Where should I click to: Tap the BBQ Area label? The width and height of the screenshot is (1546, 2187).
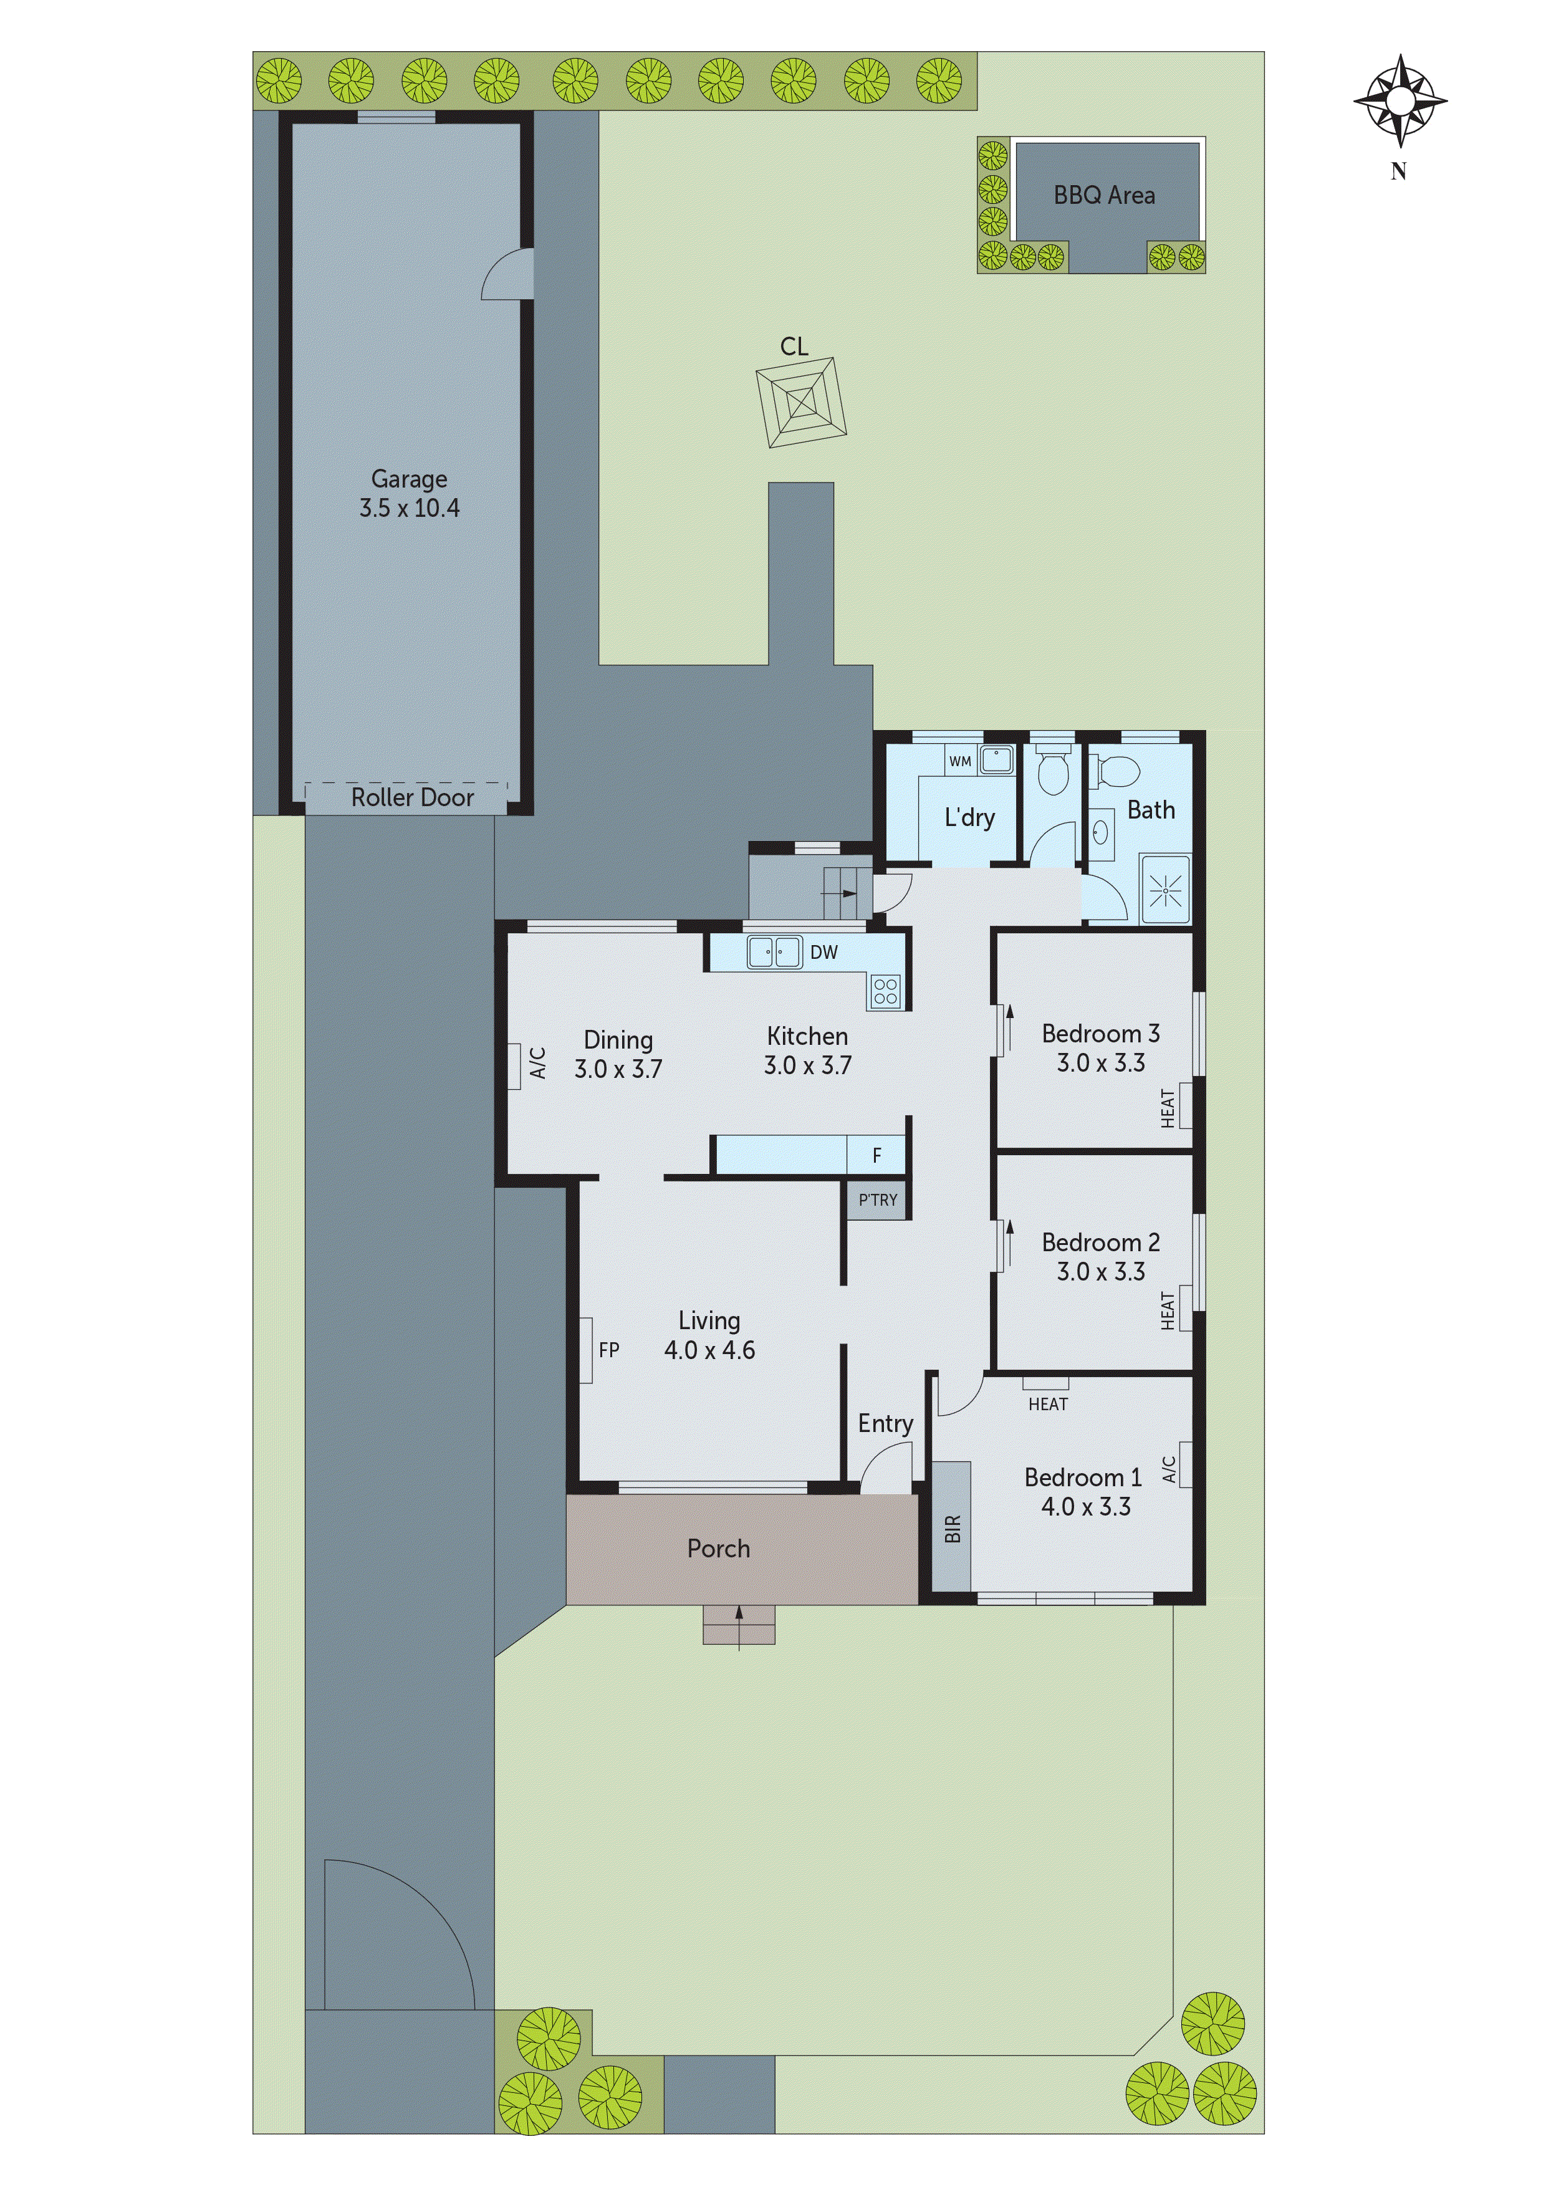click(1104, 195)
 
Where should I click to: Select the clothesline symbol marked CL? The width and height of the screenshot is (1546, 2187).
click(801, 402)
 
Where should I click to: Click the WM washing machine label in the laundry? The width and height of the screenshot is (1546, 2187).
click(960, 761)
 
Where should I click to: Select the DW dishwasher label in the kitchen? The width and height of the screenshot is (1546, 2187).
click(824, 951)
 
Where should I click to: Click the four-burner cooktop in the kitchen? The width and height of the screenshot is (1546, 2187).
click(885, 992)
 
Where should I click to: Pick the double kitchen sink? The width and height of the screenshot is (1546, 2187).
click(774, 951)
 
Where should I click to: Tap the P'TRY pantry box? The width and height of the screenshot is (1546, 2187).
click(877, 1200)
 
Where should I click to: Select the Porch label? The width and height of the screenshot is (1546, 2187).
click(718, 1549)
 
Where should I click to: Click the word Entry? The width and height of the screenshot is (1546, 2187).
click(885, 1423)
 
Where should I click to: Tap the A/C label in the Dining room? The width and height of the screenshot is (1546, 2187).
click(537, 1063)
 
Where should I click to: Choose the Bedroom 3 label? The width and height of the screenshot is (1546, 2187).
click(1100, 1034)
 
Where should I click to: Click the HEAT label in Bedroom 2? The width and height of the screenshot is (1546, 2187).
click(1168, 1310)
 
